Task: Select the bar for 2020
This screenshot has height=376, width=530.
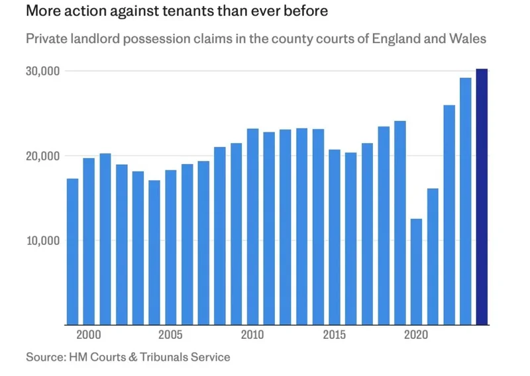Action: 416,271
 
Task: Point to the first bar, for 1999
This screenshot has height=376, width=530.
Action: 72,252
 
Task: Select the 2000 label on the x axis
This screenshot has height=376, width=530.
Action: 89,334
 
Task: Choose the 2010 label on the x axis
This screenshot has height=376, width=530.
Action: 252,334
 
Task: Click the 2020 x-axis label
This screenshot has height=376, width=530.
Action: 416,334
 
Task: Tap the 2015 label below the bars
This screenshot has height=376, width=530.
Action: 335,334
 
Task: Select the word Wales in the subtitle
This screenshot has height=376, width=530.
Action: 468,38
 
